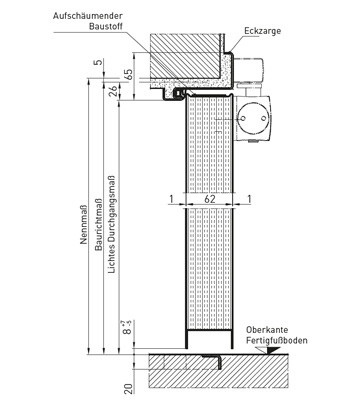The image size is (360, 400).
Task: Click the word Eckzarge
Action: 263,31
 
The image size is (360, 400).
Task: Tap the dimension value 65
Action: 128,75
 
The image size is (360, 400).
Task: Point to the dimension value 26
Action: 113,90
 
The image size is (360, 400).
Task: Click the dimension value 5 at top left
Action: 98,62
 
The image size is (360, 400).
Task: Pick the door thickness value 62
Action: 209,199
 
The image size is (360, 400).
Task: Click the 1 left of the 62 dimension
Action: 171,199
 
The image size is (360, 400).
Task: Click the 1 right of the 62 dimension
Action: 249,199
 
